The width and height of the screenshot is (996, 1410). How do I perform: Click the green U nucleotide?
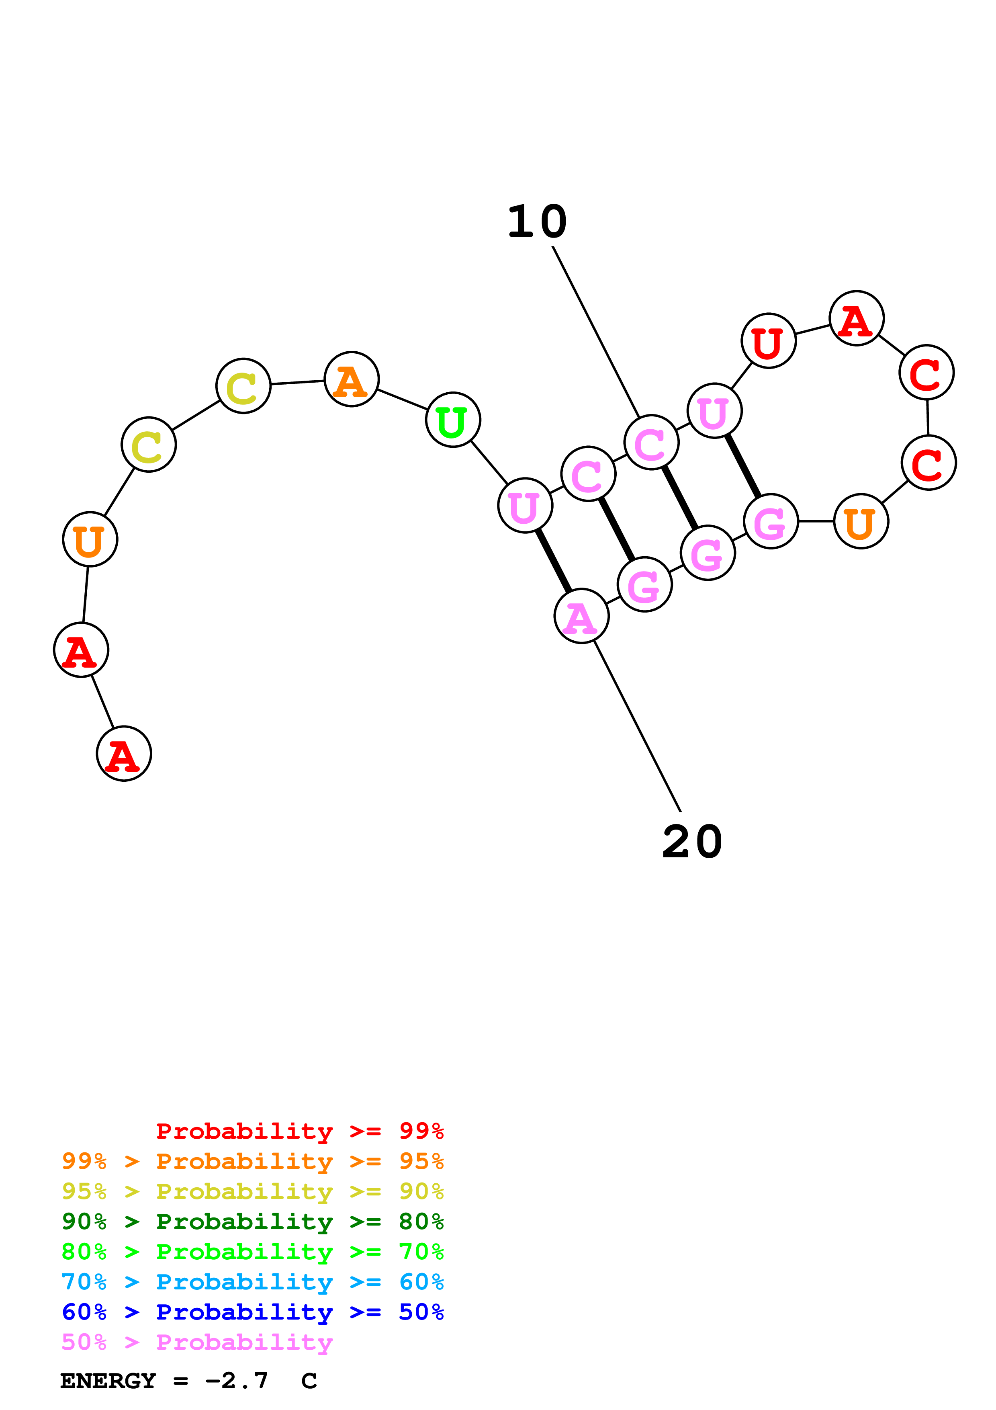[x=453, y=420]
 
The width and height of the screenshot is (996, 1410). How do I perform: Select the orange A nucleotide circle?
[x=352, y=379]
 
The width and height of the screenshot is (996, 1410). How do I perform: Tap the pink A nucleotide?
[x=581, y=616]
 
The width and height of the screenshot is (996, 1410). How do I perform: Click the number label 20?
[x=692, y=842]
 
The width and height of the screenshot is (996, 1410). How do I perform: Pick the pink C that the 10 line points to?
[x=651, y=442]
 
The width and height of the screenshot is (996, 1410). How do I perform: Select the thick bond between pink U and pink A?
[x=554, y=561]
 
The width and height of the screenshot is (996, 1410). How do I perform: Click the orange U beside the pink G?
[x=861, y=521]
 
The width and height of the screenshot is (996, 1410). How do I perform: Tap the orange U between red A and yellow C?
[x=90, y=539]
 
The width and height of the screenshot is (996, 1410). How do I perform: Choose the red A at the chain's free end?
[x=124, y=754]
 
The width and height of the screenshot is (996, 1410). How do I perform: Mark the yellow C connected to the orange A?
[x=243, y=386]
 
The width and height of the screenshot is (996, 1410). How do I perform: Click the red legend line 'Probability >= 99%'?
[x=299, y=1131]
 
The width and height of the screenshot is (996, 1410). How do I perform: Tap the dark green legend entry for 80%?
[x=252, y=1221]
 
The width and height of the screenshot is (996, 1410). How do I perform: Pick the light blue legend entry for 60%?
[x=252, y=1282]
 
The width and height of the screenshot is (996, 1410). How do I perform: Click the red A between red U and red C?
[x=856, y=318]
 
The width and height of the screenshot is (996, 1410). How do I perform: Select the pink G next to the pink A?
[x=644, y=585]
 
